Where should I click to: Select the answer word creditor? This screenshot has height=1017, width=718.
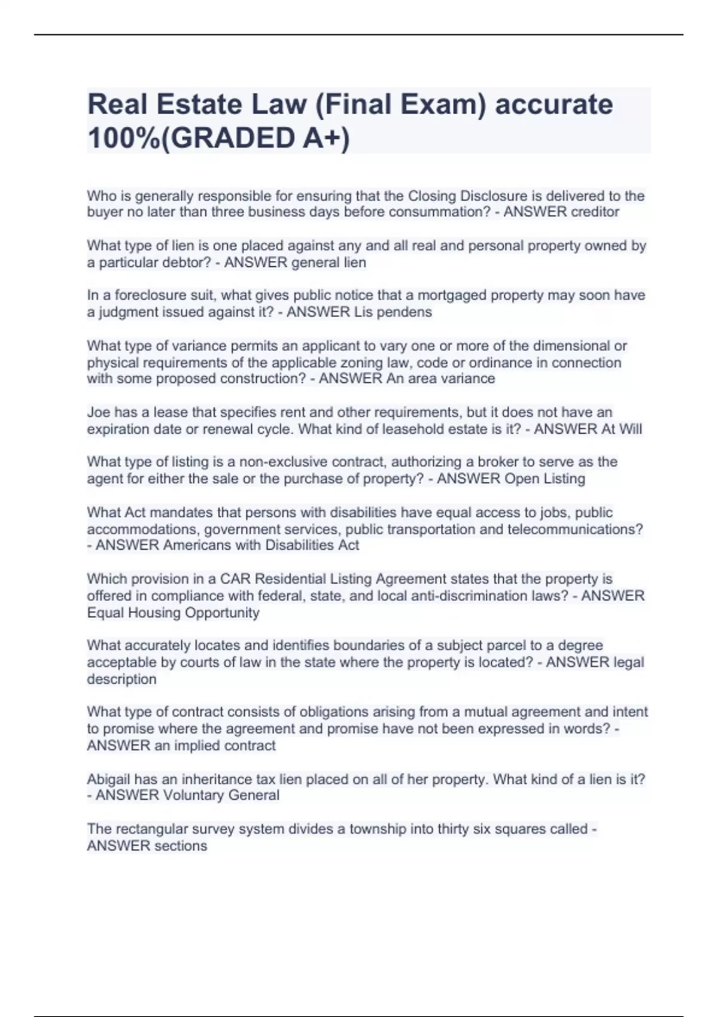click(592, 212)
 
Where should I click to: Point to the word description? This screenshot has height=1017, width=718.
click(121, 680)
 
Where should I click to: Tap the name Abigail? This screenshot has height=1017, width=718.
click(108, 780)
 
